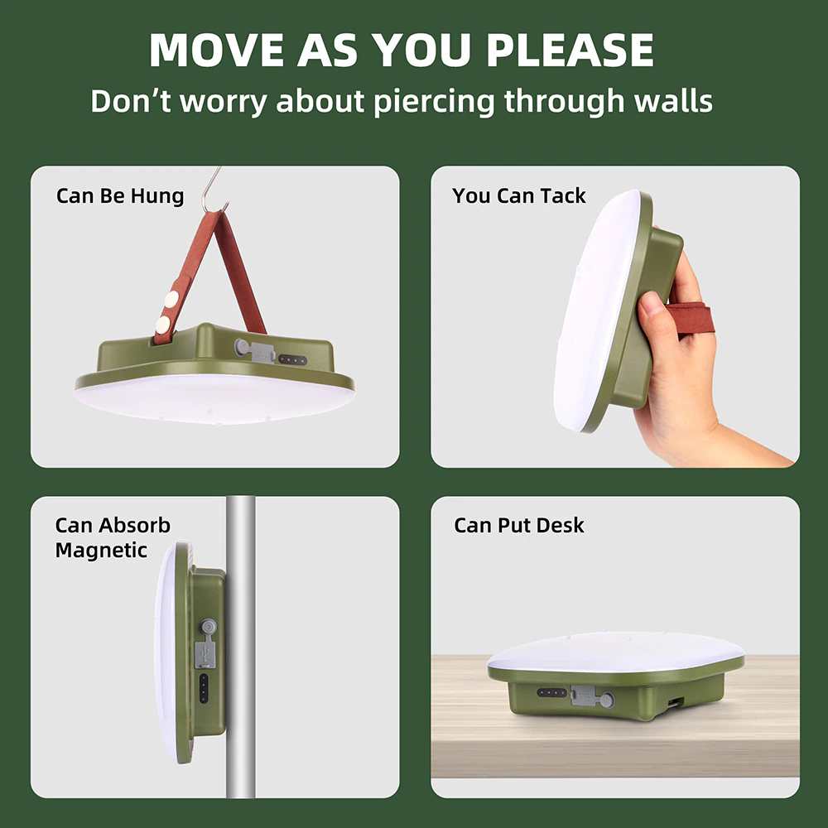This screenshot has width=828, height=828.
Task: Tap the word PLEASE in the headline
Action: tap(570, 51)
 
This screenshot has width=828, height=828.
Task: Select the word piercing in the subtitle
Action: tap(434, 101)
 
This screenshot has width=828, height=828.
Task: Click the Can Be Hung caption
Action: tap(120, 196)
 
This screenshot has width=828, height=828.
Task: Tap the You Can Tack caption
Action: tap(518, 195)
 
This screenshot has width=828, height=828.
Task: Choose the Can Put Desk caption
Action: tap(518, 525)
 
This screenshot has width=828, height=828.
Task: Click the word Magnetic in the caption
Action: tap(101, 551)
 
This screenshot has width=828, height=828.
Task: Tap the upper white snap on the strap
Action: tap(171, 300)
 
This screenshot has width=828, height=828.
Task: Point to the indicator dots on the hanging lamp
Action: tap(292, 360)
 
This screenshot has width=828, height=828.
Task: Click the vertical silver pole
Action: tap(241, 647)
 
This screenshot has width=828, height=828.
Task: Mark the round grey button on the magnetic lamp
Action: tap(208, 627)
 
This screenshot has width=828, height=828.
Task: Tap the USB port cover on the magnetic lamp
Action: tap(204, 653)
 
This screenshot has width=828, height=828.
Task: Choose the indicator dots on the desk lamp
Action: tap(551, 692)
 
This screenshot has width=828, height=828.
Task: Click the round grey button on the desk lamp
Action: tap(607, 700)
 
